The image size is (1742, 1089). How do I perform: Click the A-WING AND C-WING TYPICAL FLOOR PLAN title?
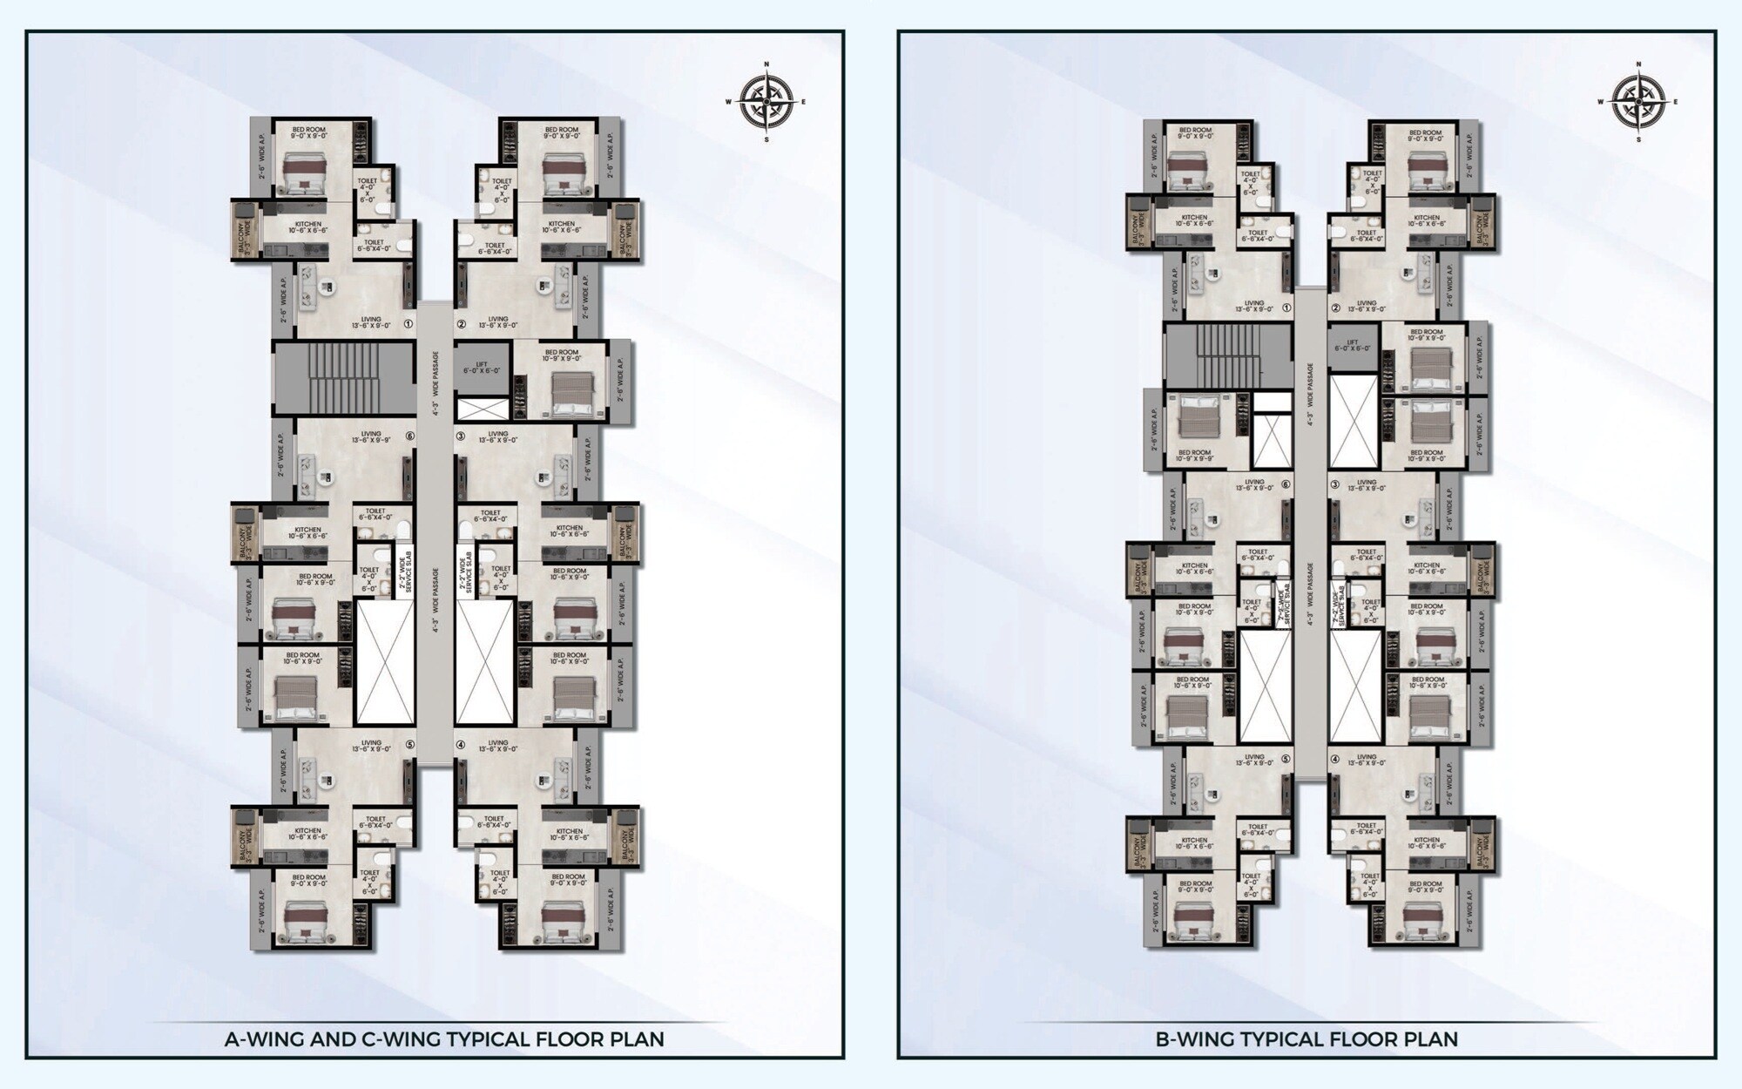coord(444,1039)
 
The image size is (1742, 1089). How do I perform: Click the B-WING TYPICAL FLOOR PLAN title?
coord(1306,1039)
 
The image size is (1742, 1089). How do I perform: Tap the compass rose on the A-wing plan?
coord(766,102)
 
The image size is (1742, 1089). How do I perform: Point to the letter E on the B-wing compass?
coord(1675,102)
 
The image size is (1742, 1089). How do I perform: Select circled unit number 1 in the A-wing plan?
coord(408,324)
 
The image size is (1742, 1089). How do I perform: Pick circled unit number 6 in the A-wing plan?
coord(408,436)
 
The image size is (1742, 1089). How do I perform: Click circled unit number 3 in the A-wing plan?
coord(461,436)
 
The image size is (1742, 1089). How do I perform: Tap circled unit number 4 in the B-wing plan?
coord(1335,758)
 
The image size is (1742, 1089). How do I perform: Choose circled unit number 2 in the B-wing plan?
coord(1335,308)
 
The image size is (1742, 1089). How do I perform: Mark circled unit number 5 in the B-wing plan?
coord(1286,758)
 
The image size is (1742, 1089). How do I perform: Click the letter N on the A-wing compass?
coord(766,64)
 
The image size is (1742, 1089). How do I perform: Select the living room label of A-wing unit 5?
coord(371,746)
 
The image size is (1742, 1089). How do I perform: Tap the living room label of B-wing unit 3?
coord(1367,484)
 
